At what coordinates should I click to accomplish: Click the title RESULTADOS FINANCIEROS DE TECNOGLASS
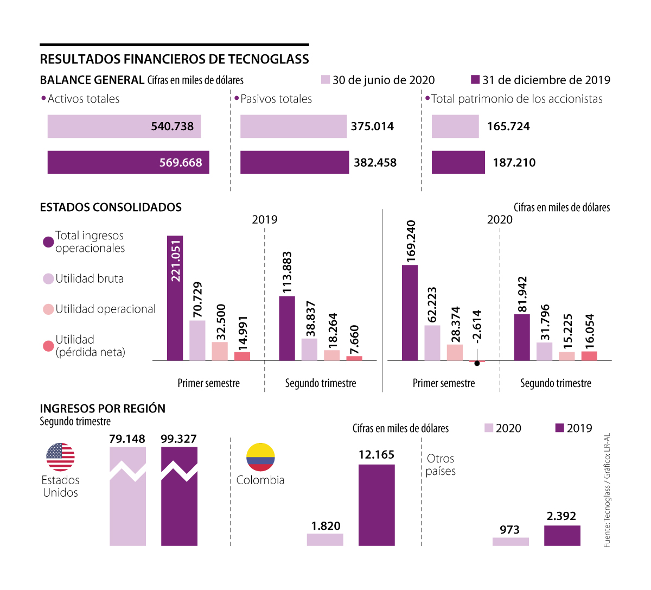(x=174, y=59)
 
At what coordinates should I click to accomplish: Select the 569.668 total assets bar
(x=128, y=162)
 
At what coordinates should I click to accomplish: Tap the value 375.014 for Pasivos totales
(x=372, y=126)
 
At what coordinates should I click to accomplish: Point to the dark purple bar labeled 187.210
(x=458, y=162)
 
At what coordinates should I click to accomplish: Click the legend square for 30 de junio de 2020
(x=325, y=80)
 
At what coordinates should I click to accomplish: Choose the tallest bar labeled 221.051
(x=175, y=298)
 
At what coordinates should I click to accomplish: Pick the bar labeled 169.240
(x=410, y=313)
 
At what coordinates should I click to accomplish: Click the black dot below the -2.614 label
(x=477, y=364)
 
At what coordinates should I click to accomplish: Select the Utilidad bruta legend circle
(x=48, y=279)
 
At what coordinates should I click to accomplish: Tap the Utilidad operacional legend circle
(x=48, y=309)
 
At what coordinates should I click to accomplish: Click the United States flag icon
(x=60, y=456)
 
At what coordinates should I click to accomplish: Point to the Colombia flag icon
(x=260, y=456)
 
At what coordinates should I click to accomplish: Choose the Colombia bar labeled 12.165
(x=376, y=505)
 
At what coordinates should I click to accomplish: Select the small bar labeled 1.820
(x=325, y=540)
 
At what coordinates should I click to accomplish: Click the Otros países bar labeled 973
(x=510, y=541)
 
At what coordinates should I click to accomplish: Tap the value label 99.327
(x=178, y=439)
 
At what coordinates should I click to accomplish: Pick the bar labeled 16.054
(x=589, y=356)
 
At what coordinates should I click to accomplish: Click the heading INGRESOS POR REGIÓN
(x=103, y=409)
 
